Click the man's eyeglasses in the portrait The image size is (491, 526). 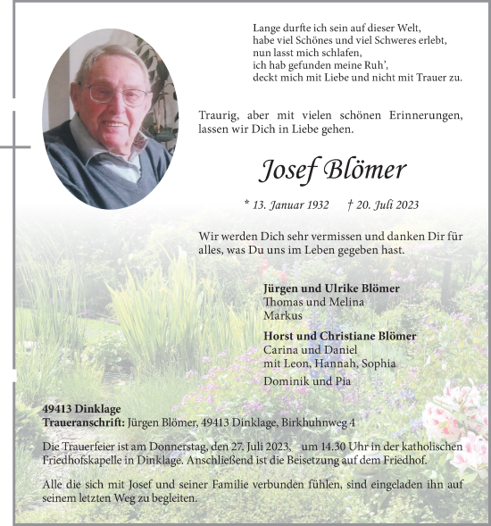coord(118,94)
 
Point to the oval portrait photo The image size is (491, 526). coord(110,119)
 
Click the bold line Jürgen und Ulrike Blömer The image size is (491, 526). coord(331,288)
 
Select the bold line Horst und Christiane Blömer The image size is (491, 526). coord(340,337)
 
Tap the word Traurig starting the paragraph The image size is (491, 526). coord(219,116)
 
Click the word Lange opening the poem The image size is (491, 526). coord(269,29)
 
